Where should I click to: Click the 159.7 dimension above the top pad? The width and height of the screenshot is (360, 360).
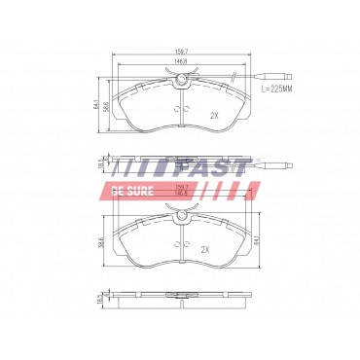[x=180, y=52]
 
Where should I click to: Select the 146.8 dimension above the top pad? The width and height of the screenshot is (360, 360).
[x=180, y=61]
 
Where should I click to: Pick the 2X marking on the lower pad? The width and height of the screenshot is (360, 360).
[x=204, y=249]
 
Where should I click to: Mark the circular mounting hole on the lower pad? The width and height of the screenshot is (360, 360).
[x=180, y=222]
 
